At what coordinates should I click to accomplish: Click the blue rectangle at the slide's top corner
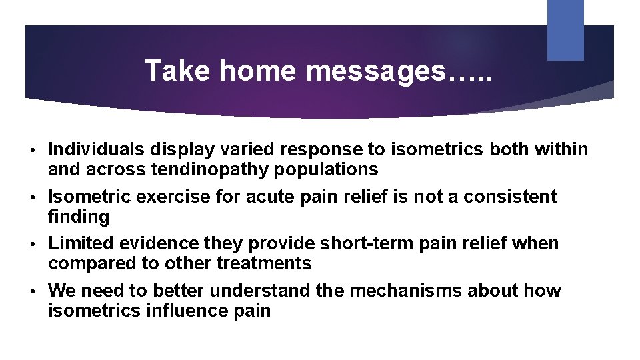pyautogui.click(x=565, y=29)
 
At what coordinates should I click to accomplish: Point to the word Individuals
pyautogui.click(x=97, y=149)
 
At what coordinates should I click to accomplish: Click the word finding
pyautogui.click(x=78, y=217)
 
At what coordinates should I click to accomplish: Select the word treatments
pyautogui.click(x=264, y=263)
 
